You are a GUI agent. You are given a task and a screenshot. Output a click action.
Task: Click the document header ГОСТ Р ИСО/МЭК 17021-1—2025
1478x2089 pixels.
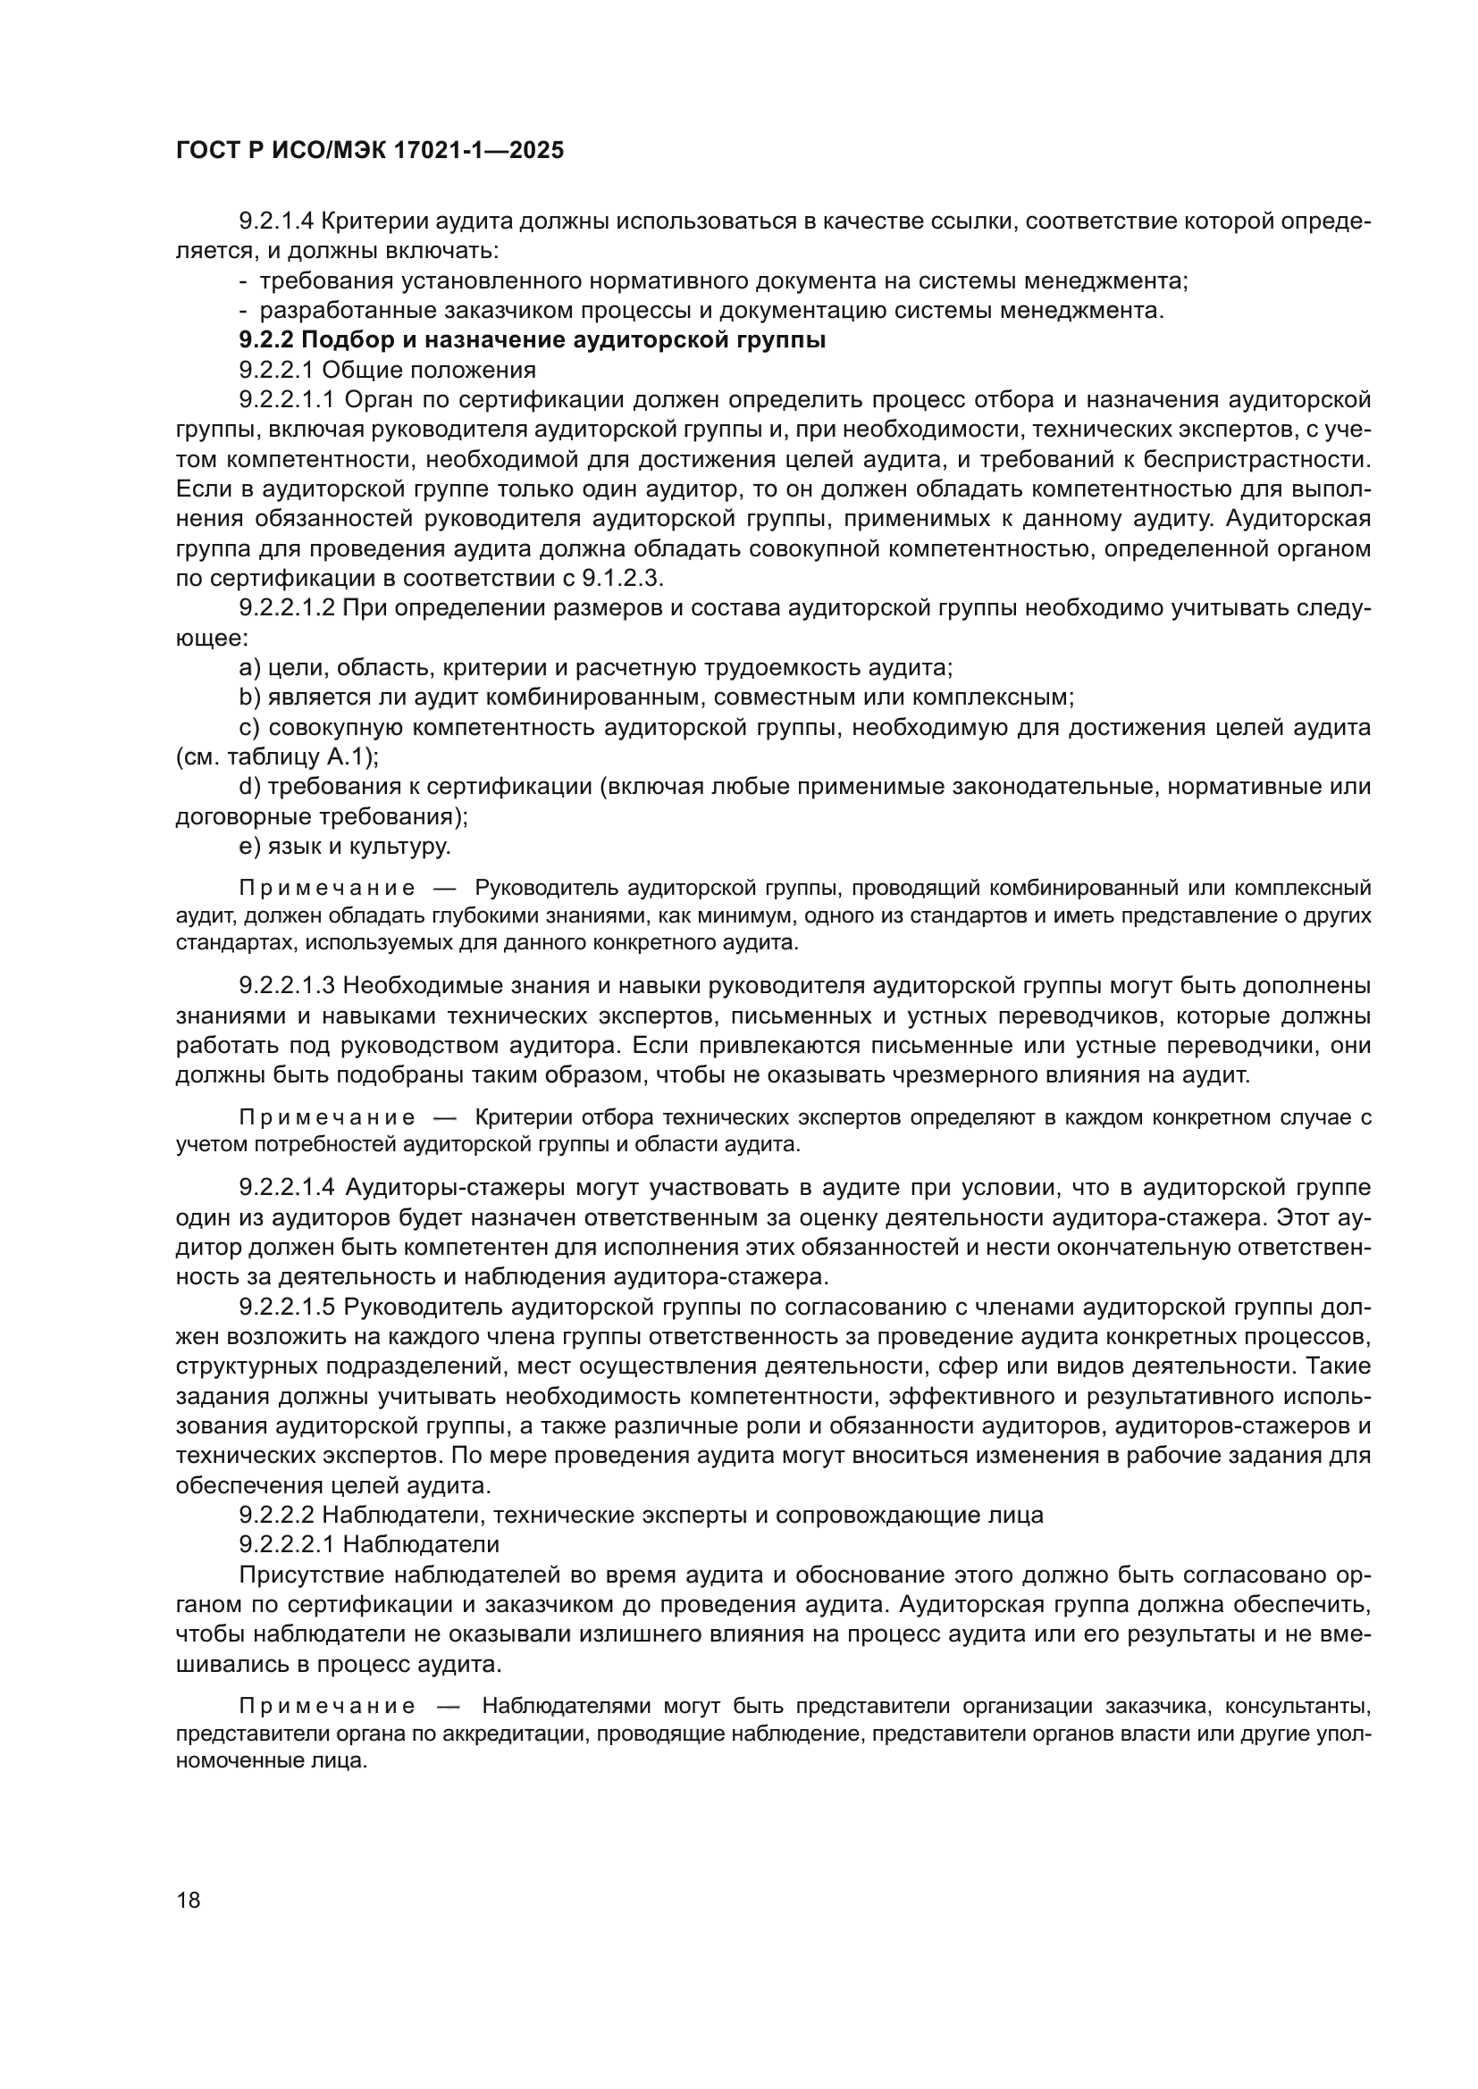370,151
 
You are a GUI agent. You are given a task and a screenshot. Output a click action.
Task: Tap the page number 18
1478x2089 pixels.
189,1900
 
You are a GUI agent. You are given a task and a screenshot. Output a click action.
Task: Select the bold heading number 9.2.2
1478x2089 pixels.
266,340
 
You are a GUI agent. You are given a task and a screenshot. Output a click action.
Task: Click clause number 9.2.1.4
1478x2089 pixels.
277,221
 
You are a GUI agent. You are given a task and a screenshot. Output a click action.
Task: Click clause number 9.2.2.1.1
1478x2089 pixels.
288,400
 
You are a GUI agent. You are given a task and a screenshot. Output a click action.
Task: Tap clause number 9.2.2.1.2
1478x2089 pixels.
288,609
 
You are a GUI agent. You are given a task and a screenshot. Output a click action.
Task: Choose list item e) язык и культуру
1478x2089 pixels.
345,847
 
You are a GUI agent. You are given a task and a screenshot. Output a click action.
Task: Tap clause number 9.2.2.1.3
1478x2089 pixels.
288,986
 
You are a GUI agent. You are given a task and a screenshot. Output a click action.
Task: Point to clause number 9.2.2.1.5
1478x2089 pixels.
288,1308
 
